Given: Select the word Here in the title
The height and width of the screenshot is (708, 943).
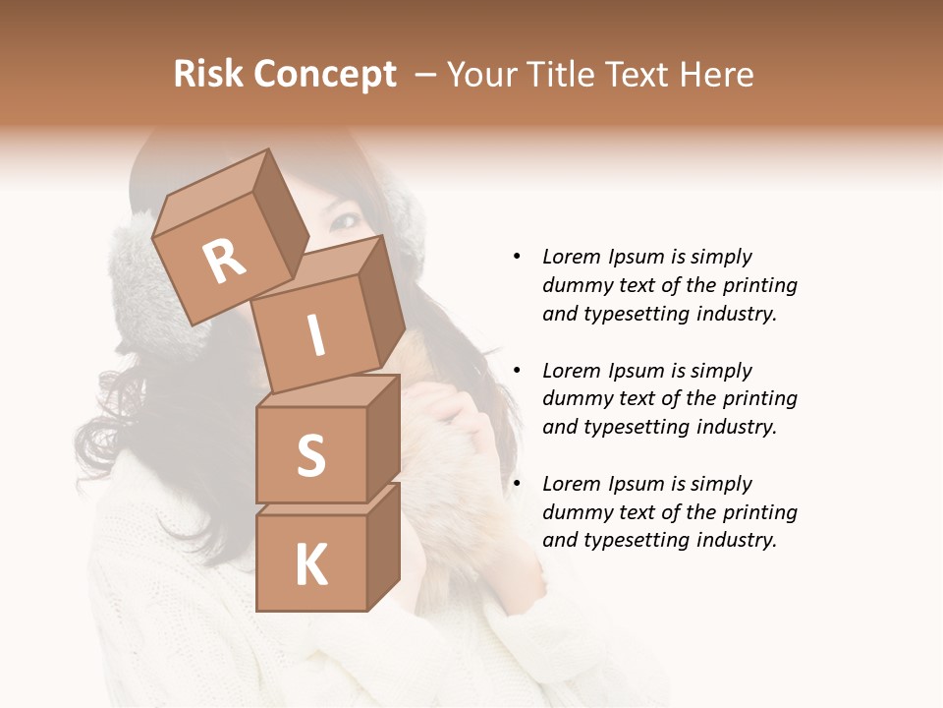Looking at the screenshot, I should [715, 75].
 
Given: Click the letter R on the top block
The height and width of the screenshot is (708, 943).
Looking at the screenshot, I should [225, 262].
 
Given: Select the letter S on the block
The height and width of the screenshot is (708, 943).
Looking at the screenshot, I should [310, 456].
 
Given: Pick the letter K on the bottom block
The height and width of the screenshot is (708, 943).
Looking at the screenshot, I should [310, 565].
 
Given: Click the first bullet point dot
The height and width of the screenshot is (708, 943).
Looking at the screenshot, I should [517, 257].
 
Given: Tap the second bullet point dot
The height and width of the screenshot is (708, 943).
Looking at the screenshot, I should [517, 371].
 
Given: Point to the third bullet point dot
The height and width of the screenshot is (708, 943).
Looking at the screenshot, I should [517, 484].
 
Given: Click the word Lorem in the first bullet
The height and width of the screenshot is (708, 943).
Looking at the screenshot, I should [570, 257].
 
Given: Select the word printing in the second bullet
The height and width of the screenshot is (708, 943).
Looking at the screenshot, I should [758, 399].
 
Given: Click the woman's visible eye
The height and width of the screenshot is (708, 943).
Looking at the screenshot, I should [344, 222].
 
